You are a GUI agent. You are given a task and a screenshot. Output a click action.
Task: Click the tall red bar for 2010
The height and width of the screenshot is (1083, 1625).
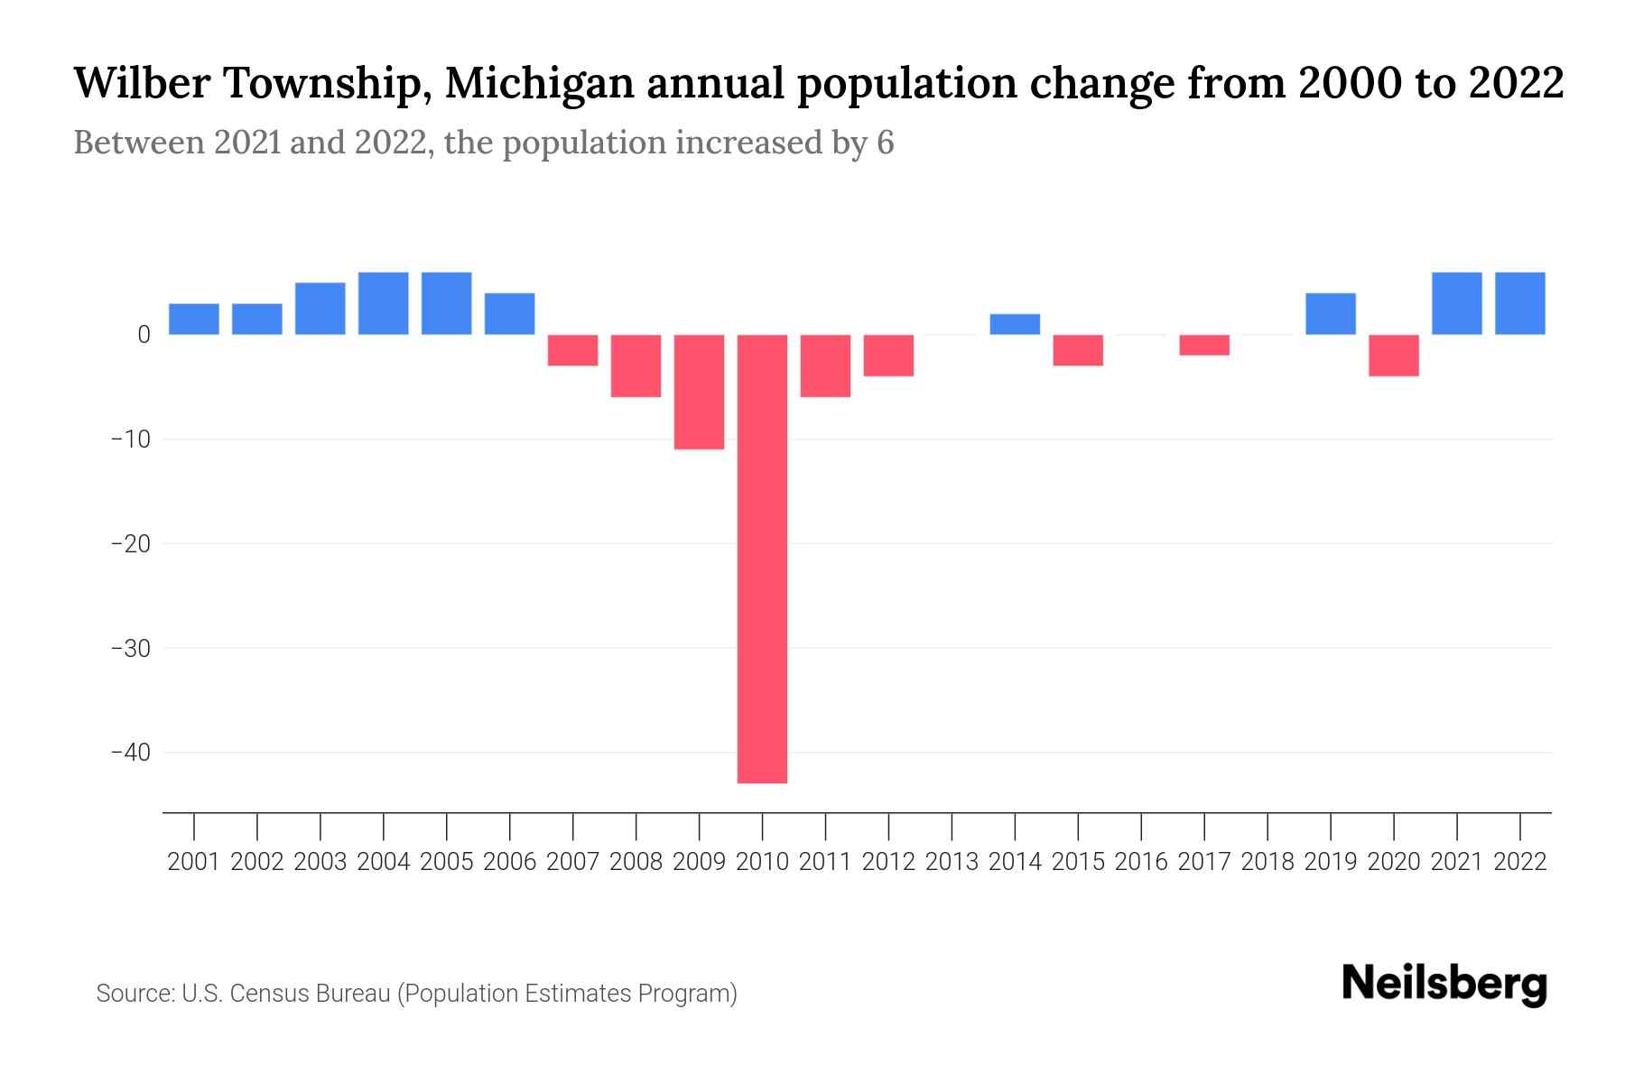pos(762,559)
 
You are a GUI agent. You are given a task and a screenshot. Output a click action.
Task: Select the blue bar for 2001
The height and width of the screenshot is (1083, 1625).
pos(194,319)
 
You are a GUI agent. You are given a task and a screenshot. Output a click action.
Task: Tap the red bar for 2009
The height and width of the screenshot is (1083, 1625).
pos(699,392)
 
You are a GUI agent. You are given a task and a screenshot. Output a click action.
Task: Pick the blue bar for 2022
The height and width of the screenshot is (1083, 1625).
pos(1519,303)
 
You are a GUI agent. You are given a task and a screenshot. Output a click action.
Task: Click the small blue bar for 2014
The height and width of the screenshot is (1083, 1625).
pos(1015,325)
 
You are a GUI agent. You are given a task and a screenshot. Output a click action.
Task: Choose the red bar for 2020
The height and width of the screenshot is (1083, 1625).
pos(1393,356)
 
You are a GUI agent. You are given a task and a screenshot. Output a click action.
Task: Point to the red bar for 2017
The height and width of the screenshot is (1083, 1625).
pos(1204,345)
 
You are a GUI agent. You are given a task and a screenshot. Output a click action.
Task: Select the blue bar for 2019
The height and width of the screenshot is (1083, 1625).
pos(1330,314)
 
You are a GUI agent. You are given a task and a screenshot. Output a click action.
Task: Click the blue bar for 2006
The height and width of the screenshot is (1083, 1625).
pos(510,314)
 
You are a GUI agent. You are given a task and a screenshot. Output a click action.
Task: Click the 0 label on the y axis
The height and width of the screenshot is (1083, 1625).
pos(144,335)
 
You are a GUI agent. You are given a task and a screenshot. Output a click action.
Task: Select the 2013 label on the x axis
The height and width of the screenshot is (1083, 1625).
pos(952,862)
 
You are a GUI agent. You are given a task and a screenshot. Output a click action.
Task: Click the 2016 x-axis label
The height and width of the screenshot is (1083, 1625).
pos(1141,862)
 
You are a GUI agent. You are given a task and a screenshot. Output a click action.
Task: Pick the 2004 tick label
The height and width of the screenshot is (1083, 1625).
pos(384,862)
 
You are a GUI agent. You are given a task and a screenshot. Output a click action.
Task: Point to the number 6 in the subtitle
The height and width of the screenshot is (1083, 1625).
pos(885,143)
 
